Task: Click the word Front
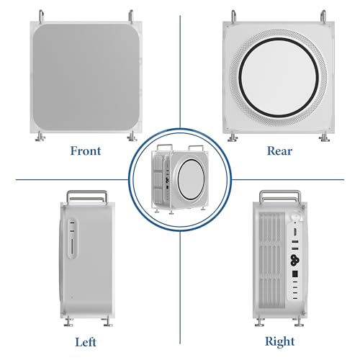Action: point(86,151)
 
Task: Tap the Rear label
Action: point(279,151)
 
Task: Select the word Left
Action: point(86,342)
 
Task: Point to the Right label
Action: point(279,342)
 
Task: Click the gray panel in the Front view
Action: point(86,77)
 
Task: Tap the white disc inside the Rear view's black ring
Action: point(279,77)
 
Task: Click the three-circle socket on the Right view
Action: point(294,260)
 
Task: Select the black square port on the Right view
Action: point(295,274)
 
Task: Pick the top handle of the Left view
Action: point(87,197)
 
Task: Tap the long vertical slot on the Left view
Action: point(72,246)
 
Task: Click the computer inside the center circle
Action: point(180,179)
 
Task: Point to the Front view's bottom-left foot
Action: point(40,137)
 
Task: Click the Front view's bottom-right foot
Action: point(132,137)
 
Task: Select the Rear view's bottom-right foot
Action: point(324,138)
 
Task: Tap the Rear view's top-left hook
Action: point(233,16)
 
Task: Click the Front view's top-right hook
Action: point(131,16)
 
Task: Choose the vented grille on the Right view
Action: point(272,261)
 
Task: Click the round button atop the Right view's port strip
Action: point(296,216)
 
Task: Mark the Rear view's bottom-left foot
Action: point(233,138)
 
